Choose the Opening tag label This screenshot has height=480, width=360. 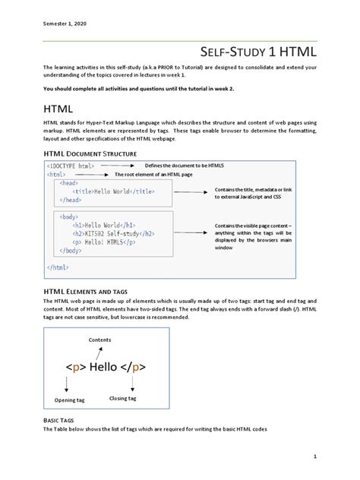coord(69,400)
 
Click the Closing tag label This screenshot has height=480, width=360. coord(123,398)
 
